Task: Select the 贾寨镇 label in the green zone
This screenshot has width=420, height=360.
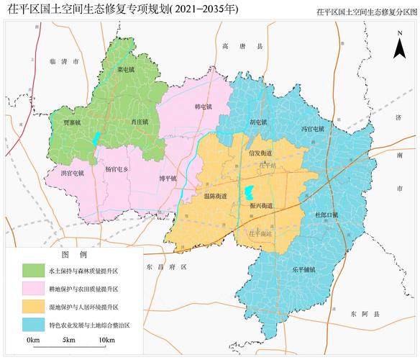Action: [70, 123]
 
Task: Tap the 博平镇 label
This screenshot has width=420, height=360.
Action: [168, 178]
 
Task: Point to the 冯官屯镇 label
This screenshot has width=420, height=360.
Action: [312, 129]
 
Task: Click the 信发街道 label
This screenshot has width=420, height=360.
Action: [260, 153]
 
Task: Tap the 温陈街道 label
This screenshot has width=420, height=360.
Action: [215, 195]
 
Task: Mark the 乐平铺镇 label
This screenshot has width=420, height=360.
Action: [303, 269]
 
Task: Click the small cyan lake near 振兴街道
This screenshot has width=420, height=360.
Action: [250, 193]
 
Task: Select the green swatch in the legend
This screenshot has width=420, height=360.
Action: [33, 271]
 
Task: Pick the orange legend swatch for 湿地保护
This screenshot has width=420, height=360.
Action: [33, 307]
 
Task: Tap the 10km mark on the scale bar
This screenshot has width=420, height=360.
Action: [106, 339]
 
